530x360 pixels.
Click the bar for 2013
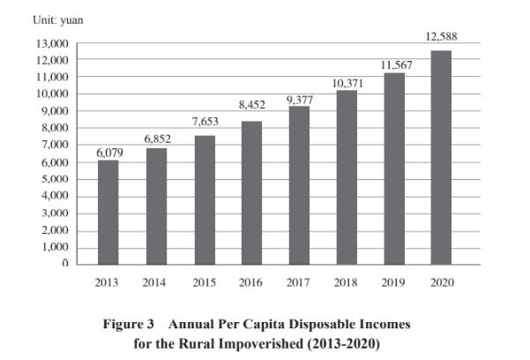click(108, 212)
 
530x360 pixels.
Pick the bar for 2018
click(347, 176)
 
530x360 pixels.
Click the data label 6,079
click(108, 153)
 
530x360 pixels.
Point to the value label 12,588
click(441, 37)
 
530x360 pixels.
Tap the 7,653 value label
click(205, 120)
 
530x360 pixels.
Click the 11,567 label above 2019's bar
click(394, 64)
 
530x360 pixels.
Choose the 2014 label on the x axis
click(156, 283)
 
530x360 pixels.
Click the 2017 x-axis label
click(299, 283)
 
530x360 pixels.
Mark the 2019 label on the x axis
click(394, 283)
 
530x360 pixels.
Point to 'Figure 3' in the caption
click(131, 325)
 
